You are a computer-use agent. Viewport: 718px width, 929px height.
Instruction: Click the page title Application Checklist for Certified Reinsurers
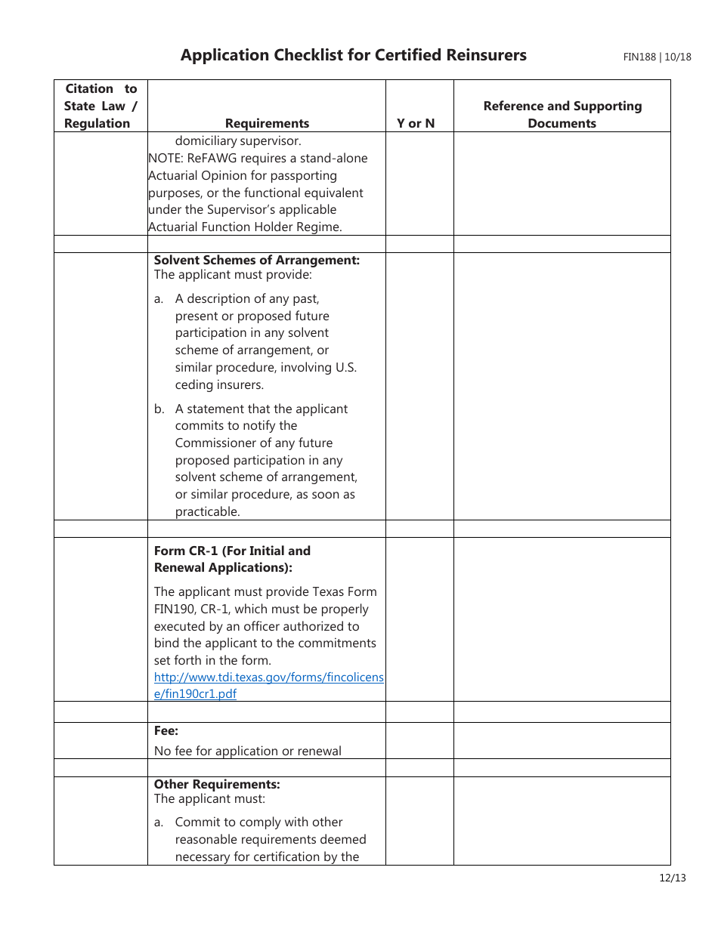pos(353,55)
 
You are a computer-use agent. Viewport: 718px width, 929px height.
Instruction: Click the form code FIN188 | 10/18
pos(657,57)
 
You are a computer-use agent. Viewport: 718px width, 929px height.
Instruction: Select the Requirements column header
pos(267,123)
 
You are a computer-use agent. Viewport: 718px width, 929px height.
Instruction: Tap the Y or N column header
pos(416,123)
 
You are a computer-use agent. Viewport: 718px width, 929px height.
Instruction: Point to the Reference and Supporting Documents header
pos(562,115)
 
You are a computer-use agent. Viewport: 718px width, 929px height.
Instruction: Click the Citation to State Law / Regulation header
pos(101,106)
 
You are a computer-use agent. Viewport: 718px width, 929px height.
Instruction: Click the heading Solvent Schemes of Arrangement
pos(257,260)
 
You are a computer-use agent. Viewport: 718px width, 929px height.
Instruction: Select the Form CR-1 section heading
pos(232,559)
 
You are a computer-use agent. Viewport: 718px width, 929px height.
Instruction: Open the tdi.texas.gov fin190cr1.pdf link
pos(268,686)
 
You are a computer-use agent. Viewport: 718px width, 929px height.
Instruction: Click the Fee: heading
pos(166,730)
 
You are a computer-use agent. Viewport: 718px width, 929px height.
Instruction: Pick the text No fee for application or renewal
pos(247,751)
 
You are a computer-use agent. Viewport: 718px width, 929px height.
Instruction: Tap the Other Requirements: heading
pos(217,784)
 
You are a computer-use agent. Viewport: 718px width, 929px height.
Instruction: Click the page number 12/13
pos(672,878)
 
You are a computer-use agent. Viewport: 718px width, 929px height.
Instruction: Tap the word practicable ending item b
pos(207,512)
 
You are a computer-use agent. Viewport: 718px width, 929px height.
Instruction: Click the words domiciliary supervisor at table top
pos(238,141)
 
